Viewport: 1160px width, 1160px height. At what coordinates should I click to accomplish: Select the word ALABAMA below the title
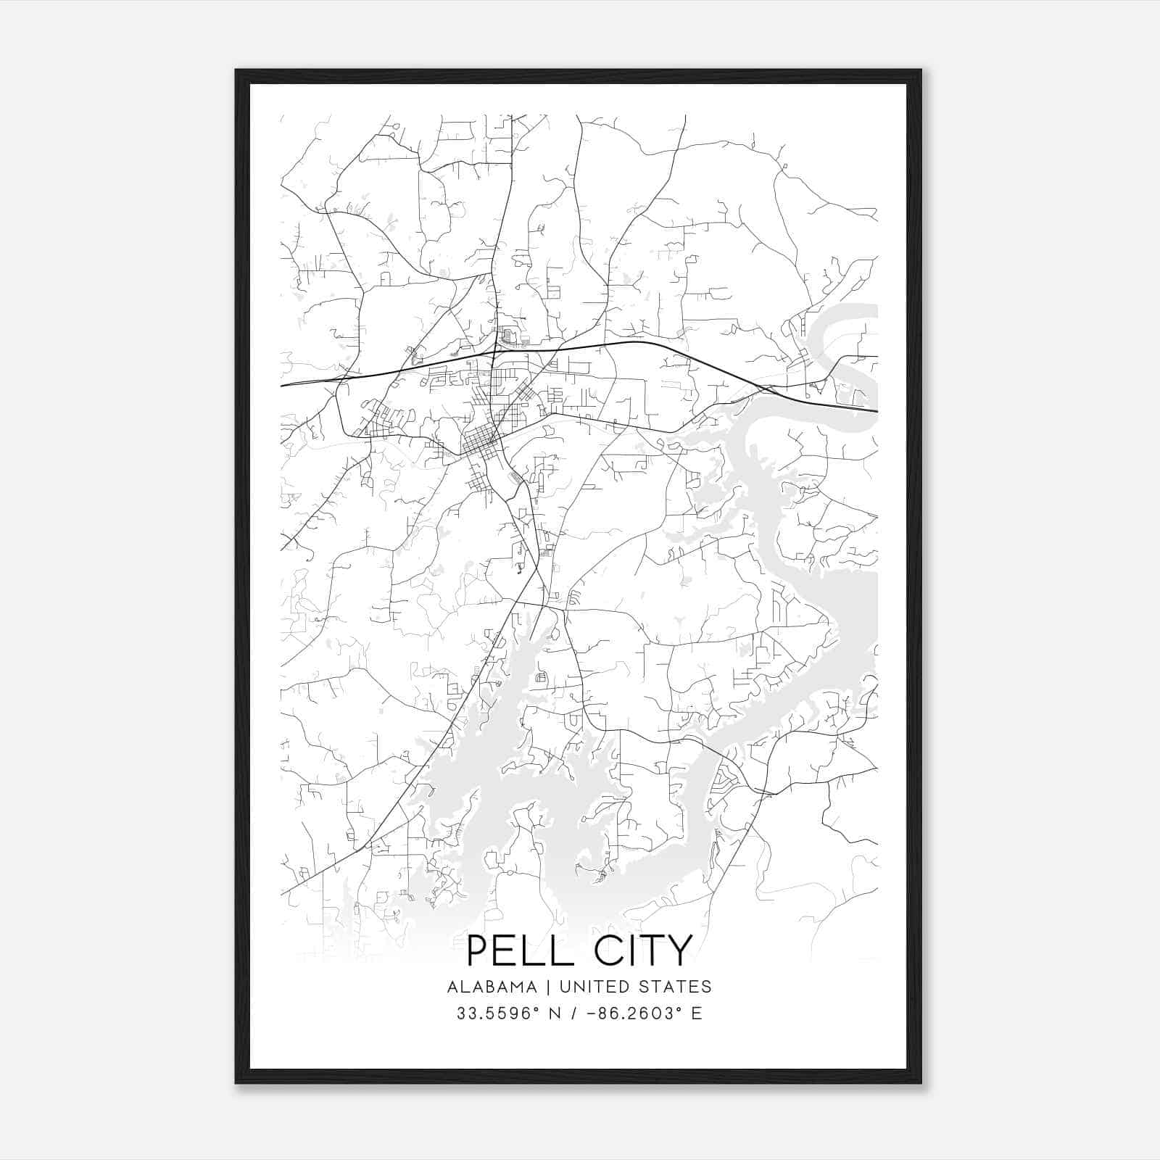492,987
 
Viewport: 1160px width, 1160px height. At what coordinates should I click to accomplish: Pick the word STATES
678,987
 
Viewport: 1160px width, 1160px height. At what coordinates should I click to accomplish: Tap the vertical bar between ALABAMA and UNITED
548,987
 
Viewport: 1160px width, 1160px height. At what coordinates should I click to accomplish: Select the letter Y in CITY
679,950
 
